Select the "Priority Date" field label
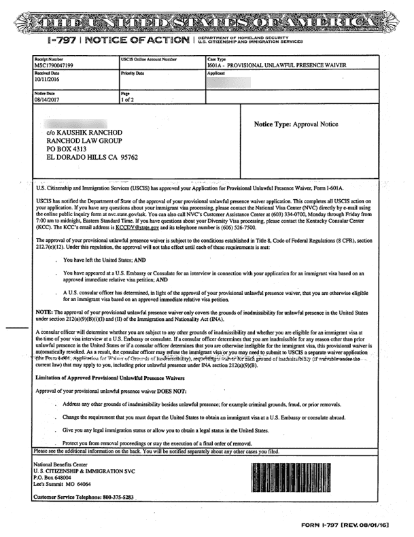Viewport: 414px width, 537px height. (133, 72)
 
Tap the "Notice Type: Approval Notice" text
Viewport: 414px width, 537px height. (296, 125)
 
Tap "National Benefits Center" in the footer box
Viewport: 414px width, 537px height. (65, 464)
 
